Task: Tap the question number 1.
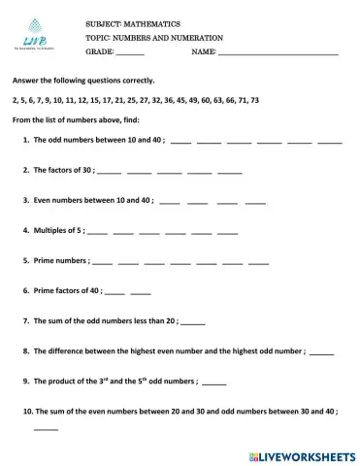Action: [x=24, y=140]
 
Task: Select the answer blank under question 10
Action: [x=46, y=428]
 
